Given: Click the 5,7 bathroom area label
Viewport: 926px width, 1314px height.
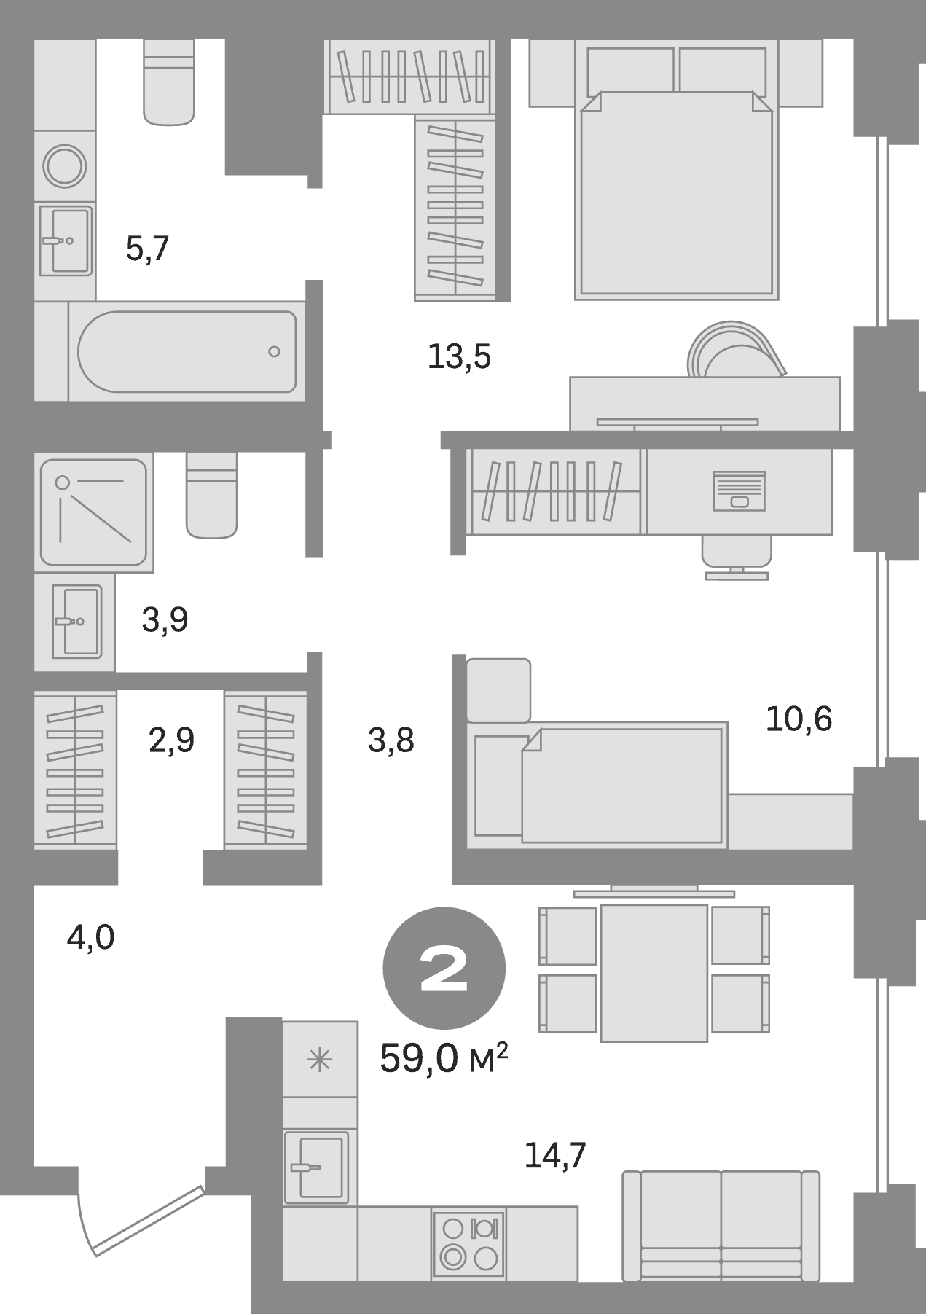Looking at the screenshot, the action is pos(147,249).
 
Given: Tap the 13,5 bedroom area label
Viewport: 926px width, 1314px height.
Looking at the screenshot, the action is pos(459,357).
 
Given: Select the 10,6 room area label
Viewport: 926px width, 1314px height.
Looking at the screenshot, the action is pos(799,719).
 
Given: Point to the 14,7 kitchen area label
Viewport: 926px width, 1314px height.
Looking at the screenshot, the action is pos(555,1155).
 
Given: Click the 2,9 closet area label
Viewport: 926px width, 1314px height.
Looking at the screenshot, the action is pos(171,740).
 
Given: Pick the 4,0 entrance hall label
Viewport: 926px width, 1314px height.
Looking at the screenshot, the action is pos(90,938).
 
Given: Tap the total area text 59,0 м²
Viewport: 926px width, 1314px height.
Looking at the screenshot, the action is pos(443,1058).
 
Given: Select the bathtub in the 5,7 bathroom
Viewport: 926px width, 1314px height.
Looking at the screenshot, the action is pos(187,351).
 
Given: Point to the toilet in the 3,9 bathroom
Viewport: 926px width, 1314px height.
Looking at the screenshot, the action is pos(211,496).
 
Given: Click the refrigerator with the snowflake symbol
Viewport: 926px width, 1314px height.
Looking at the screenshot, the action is pos(320,1059).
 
